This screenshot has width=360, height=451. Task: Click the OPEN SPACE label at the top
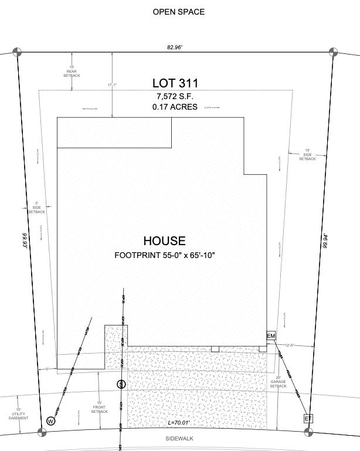coord(179,12)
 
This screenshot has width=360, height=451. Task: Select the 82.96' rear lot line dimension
coord(174,47)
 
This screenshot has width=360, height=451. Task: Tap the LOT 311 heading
coord(176,83)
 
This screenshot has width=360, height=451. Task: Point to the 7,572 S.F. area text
coord(175,96)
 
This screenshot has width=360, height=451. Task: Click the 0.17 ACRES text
coord(175,107)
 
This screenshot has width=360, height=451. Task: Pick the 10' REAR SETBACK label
coord(72,72)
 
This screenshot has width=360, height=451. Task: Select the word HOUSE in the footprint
coord(165,240)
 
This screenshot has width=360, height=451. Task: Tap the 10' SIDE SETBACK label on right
coord(307,155)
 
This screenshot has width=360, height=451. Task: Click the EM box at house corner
coord(271,336)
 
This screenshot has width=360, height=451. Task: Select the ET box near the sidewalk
coord(308,418)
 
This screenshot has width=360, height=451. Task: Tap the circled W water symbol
coord(51,421)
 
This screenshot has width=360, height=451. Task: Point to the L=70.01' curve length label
coord(179,423)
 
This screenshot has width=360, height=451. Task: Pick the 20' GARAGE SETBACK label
coord(278,382)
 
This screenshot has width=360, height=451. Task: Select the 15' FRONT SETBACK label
coord(99,407)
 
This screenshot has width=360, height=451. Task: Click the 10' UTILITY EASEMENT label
coord(18,414)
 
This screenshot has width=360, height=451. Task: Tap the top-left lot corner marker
coord(18,52)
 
